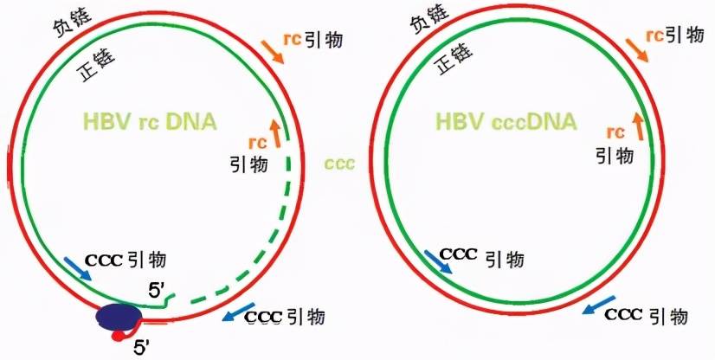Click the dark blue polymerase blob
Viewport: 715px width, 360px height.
point(119,316)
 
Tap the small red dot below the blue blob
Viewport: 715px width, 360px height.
point(118,337)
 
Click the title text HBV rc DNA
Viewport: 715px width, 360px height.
point(150,122)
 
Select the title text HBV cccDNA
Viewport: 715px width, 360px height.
point(506,122)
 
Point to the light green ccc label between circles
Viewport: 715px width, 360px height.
point(339,164)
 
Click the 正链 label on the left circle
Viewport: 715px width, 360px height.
point(98,66)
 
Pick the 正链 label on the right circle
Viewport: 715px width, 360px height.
point(454,58)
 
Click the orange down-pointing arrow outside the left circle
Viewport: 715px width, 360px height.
point(272,52)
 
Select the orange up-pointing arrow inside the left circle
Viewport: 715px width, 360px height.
point(276,133)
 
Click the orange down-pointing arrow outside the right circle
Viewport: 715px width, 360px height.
point(637,49)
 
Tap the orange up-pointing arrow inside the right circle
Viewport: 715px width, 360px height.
point(639,126)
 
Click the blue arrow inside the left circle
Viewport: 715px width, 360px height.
point(78,268)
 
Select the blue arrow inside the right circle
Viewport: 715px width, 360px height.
point(438,261)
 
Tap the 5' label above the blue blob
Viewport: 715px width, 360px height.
point(158,291)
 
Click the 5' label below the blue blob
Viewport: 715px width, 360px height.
point(142,348)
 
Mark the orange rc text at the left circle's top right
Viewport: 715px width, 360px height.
point(293,39)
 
